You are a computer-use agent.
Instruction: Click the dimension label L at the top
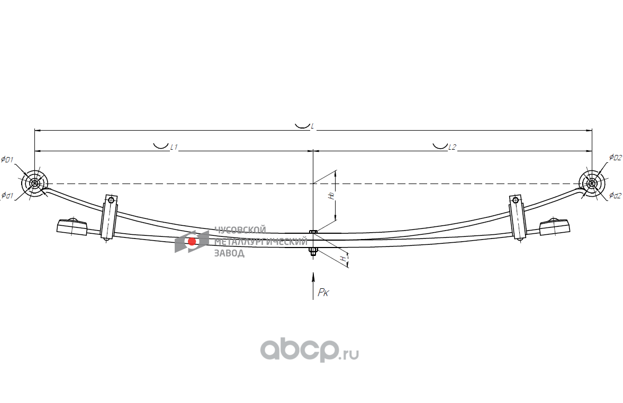click(x=312, y=126)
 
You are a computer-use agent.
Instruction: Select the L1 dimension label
click(x=173, y=148)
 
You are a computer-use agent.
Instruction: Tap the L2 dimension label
click(x=452, y=148)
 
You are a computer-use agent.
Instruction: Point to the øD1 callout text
click(x=7, y=160)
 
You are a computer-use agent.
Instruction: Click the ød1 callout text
click(x=7, y=195)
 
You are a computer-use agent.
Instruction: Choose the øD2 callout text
click(x=615, y=157)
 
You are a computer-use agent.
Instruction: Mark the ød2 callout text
click(x=615, y=196)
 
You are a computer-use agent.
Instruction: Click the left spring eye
click(x=34, y=184)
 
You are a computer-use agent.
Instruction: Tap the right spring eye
click(x=591, y=184)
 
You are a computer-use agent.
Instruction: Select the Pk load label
click(x=323, y=292)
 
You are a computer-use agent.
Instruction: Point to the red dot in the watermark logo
click(x=192, y=241)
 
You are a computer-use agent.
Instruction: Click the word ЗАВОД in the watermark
click(x=229, y=253)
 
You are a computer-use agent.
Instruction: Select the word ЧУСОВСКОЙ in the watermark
click(x=239, y=230)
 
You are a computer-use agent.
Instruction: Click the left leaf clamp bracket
click(x=109, y=218)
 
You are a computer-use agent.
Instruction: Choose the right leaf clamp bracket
click(x=517, y=218)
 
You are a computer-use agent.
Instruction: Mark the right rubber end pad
click(x=554, y=227)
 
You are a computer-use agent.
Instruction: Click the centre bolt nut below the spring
click(x=313, y=252)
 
